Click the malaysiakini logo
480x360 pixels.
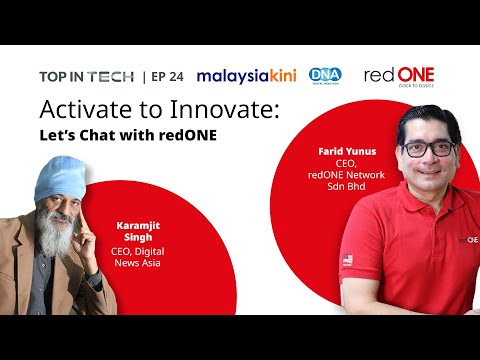[247, 76]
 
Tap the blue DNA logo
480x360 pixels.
[325, 76]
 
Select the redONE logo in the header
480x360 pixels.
[399, 77]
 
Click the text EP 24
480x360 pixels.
[167, 77]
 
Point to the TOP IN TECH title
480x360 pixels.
[87, 77]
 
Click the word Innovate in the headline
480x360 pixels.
[225, 109]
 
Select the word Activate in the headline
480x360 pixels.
[86, 109]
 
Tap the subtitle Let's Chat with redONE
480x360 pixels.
[128, 135]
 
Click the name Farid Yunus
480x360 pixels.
[347, 152]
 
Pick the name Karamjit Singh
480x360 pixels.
[138, 231]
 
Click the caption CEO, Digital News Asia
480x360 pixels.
[137, 257]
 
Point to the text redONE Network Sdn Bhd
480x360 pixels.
[346, 181]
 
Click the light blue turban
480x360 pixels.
[61, 178]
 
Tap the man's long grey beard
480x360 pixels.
[55, 233]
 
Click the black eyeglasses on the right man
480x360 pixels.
[429, 149]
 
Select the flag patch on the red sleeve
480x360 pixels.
[348, 260]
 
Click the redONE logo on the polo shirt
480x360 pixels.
[469, 240]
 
